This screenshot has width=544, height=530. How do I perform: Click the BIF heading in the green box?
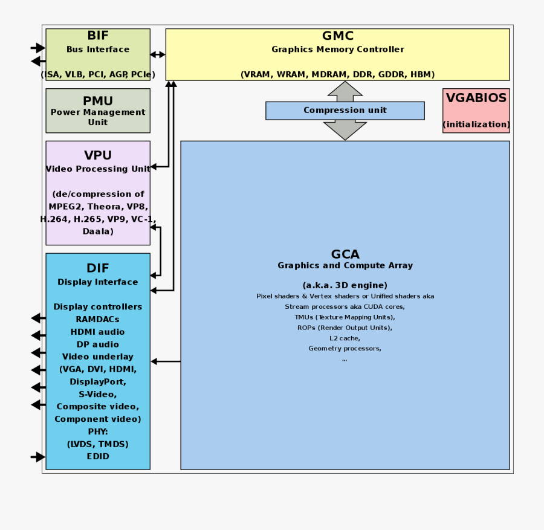98,36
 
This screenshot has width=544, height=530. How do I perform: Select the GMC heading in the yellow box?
337,36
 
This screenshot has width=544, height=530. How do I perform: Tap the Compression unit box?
345,111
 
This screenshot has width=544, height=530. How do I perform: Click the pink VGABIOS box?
476,110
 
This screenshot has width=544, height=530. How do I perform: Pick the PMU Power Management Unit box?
98,111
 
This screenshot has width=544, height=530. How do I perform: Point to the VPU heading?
98,155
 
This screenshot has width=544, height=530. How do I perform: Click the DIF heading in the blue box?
98,268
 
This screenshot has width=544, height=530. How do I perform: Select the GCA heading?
345,254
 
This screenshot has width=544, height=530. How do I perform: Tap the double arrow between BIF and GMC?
158,54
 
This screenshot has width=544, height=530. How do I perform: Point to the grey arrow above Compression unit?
345,91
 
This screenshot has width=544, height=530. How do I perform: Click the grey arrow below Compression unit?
345,129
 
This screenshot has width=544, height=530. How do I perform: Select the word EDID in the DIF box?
98,456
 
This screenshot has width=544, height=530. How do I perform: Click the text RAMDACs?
98,319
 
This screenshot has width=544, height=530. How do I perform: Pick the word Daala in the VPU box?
98,231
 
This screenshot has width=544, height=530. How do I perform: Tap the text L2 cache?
345,338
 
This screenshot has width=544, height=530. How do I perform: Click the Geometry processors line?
345,349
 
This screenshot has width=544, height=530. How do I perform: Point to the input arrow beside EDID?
38,457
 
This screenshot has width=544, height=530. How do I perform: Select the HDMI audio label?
98,332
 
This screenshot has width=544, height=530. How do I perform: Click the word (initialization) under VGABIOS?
476,124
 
